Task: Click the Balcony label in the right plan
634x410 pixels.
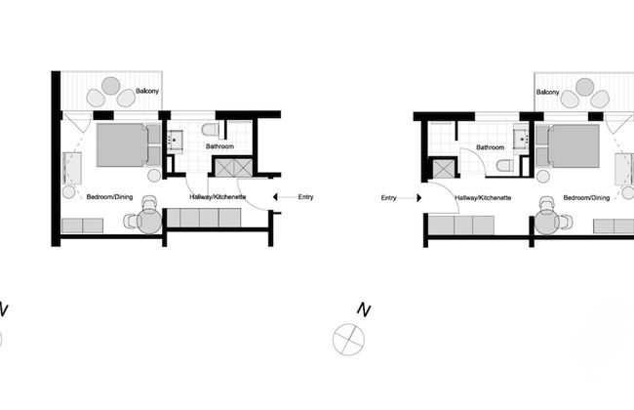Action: pyautogui.click(x=547, y=92)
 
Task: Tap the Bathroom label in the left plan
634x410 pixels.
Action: pyautogui.click(x=219, y=147)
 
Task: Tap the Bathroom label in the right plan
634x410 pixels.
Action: pyautogui.click(x=491, y=147)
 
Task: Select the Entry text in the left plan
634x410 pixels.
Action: pyautogui.click(x=305, y=197)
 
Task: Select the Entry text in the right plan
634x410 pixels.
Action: pyautogui.click(x=389, y=197)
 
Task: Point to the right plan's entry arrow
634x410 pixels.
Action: pyautogui.click(x=413, y=197)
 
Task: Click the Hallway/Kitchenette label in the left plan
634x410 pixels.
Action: pyautogui.click(x=217, y=197)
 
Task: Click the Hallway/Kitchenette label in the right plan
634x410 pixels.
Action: pyautogui.click(x=483, y=197)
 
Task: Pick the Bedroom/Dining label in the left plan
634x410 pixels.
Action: pyautogui.click(x=109, y=197)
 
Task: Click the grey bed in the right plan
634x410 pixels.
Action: pyautogui.click(x=574, y=145)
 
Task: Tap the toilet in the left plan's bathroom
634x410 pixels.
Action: pyautogui.click(x=209, y=130)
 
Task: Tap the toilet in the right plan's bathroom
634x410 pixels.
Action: pyautogui.click(x=503, y=165)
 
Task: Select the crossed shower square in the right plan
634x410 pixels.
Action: pyautogui.click(x=443, y=169)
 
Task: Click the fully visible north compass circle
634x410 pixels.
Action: pyautogui.click(x=347, y=339)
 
